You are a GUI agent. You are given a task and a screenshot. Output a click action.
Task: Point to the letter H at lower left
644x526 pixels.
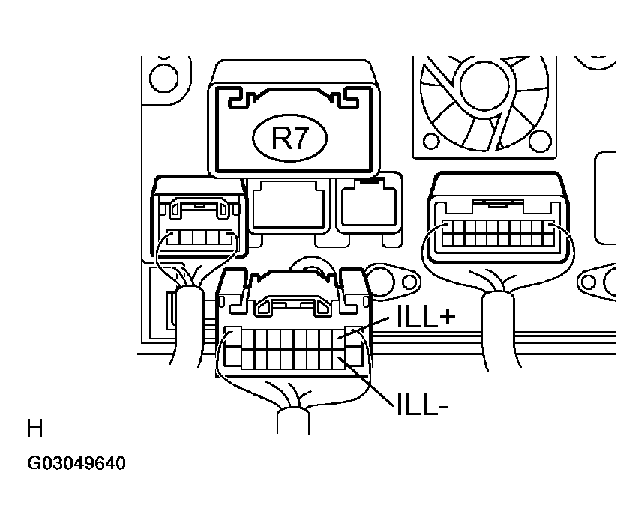tap(34, 429)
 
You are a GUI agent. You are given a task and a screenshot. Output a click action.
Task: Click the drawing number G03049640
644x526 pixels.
tap(76, 463)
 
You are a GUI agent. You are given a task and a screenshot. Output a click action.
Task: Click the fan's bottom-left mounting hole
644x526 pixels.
tap(431, 142)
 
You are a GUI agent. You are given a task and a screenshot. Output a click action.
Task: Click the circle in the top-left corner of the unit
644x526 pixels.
tap(160, 75)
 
